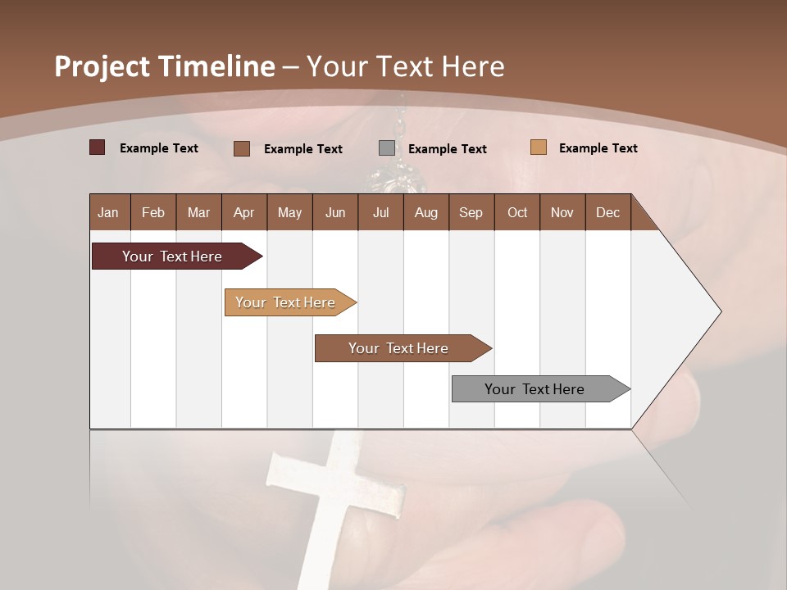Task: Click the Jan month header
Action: [x=108, y=212]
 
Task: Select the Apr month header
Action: [x=243, y=212]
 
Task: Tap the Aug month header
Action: [x=425, y=212]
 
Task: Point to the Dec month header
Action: [x=607, y=212]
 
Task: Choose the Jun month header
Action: [x=334, y=212]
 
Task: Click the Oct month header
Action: [x=516, y=212]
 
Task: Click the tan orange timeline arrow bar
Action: [x=287, y=302]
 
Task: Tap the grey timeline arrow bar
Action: [x=537, y=389]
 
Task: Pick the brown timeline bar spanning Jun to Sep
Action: [x=400, y=348]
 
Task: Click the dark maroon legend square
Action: [x=97, y=147]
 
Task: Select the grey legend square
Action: [x=387, y=148]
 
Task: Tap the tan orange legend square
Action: [x=538, y=147]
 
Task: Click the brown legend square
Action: [x=241, y=148]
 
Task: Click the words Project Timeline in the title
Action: [x=164, y=66]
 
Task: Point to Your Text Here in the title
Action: [x=405, y=66]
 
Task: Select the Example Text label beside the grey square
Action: [x=447, y=149]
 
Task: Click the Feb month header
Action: [x=152, y=212]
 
